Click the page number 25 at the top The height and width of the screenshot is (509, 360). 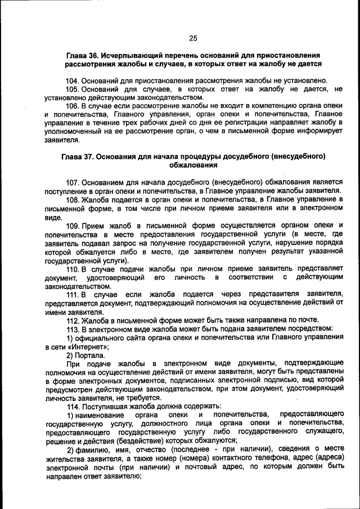[193, 38]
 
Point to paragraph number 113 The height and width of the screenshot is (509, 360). [73, 328]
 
